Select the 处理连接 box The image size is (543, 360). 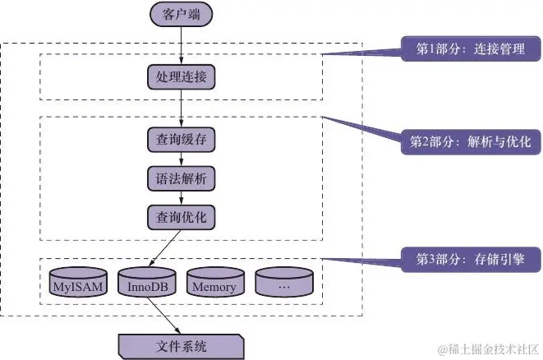tap(181, 77)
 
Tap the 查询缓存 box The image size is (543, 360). tap(181, 138)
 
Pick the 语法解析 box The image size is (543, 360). tap(181, 178)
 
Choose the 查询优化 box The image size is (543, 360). tap(181, 217)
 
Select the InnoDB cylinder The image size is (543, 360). tap(146, 283)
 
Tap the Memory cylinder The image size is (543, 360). tap(214, 283)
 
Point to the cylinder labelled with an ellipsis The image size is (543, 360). tap(283, 283)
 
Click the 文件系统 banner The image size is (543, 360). tap(181, 345)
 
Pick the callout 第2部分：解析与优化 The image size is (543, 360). tap(469, 141)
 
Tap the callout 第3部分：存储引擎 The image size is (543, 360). tap(469, 259)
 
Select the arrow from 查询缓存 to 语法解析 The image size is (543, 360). tap(181, 158)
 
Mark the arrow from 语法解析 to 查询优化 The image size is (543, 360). tap(181, 197)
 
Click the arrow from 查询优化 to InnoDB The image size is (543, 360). tap(165, 247)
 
